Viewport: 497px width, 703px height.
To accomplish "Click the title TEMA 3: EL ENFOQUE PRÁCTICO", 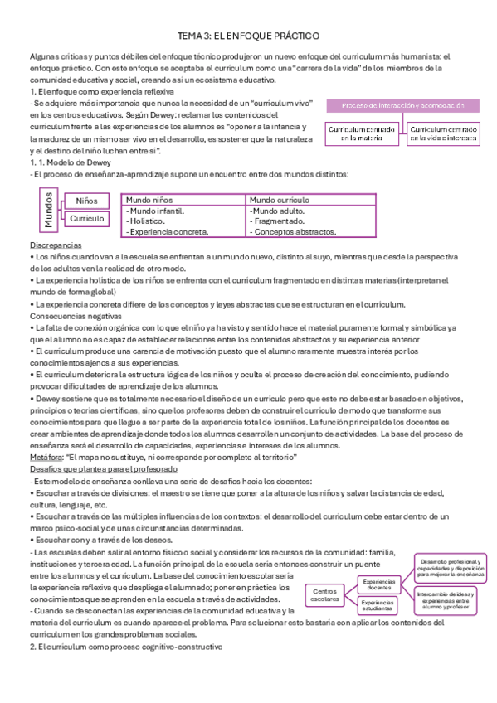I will (249, 36).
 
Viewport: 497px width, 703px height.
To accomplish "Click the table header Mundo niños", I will (150, 201).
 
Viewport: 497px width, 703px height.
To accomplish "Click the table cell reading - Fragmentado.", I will (278, 221).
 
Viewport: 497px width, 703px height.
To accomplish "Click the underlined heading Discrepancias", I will (56, 246).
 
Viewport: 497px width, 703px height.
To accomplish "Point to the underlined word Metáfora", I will (46, 457).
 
